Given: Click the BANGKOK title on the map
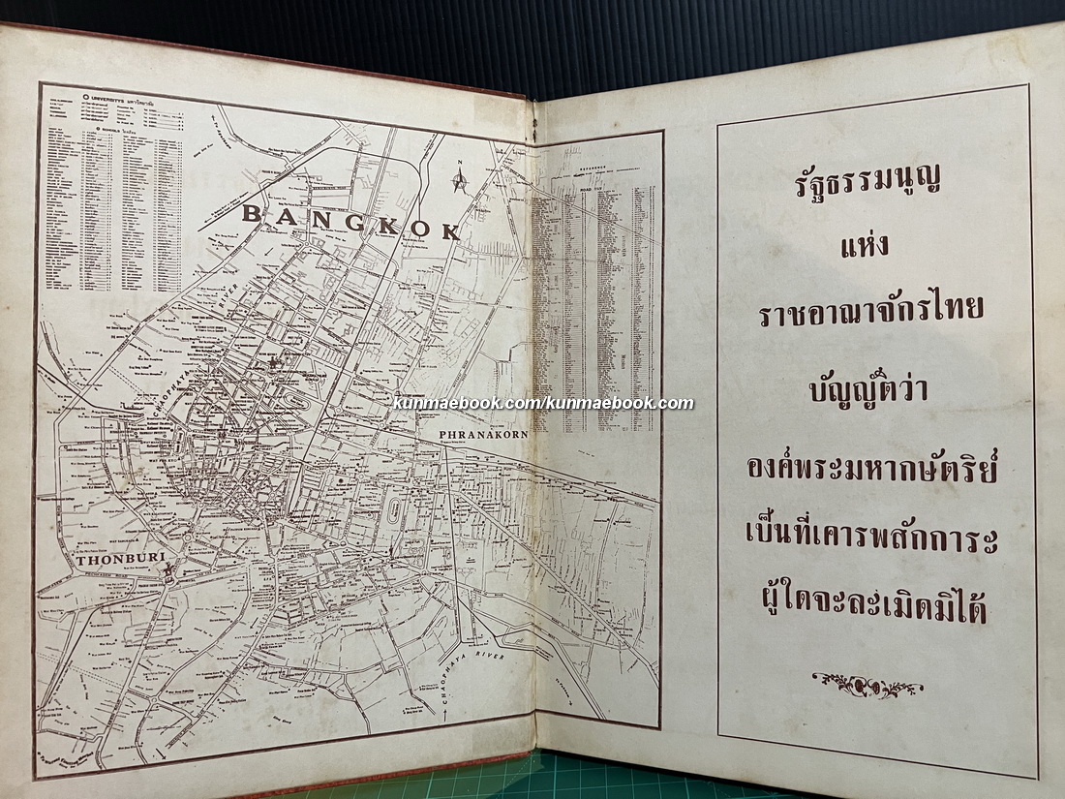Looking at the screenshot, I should click(x=350, y=222).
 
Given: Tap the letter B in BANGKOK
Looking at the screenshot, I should click(x=251, y=213).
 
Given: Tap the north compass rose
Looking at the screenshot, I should click(x=460, y=178).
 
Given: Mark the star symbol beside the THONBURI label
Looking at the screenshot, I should click(x=169, y=570).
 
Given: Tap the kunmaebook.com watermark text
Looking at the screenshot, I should click(x=543, y=403).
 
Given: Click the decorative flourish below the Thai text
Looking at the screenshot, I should click(x=867, y=685).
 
